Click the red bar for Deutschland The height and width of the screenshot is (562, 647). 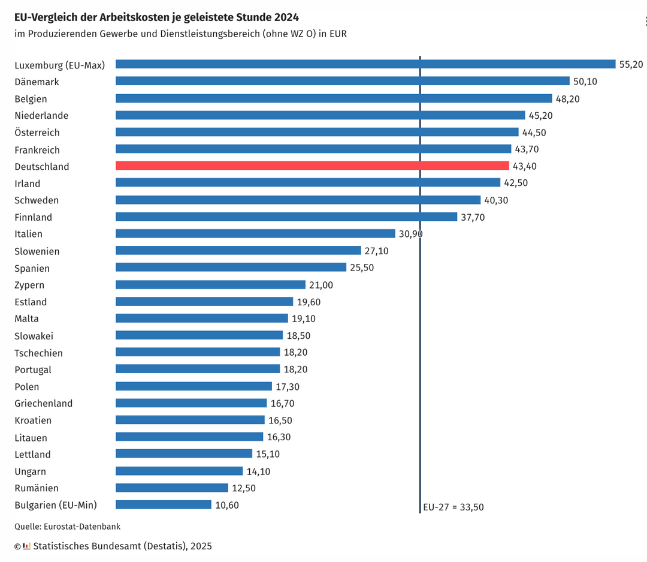tap(312, 166)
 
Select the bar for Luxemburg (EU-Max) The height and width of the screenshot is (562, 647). tap(365, 64)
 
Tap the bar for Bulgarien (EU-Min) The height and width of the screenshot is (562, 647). tap(163, 505)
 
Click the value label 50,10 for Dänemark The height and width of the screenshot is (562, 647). tap(585, 82)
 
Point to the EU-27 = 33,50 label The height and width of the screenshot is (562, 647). tap(453, 507)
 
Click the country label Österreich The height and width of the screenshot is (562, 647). tap(37, 133)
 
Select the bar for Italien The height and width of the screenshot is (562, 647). tap(255, 234)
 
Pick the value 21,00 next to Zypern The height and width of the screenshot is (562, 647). tap(321, 285)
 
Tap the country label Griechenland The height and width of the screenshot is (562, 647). tap(43, 404)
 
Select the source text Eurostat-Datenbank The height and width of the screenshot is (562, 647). tap(82, 527)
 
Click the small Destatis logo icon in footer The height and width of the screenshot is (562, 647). tap(26, 546)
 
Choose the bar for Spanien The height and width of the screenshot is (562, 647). tap(231, 268)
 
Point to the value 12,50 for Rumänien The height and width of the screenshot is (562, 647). tap(244, 488)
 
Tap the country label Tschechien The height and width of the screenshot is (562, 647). tap(38, 353)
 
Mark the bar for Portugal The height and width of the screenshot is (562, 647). tap(198, 369)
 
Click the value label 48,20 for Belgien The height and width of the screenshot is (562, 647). tap(568, 98)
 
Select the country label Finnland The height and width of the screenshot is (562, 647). tap(33, 217)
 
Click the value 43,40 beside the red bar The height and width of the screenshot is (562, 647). tap(525, 166)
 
